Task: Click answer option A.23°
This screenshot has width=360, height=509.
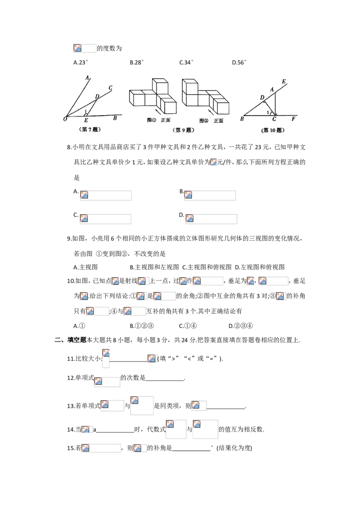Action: (81, 63)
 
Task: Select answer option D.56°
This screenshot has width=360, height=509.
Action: (239, 63)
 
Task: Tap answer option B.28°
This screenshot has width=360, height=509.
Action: (136, 63)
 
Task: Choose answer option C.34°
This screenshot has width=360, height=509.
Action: (186, 63)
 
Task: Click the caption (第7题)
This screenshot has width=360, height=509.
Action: (90, 129)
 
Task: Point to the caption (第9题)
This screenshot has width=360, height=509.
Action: (184, 130)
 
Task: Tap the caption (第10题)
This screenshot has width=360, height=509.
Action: (273, 130)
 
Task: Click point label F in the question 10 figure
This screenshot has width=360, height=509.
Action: (293, 119)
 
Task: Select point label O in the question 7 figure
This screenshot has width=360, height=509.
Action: (65, 119)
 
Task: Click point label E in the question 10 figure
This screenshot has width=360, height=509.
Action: (283, 81)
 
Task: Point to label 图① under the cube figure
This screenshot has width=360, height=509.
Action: (151, 120)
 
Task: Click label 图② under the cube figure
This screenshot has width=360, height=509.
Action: (204, 121)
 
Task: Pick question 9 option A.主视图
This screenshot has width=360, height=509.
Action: (85, 267)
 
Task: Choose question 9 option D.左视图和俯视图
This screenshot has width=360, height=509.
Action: (260, 267)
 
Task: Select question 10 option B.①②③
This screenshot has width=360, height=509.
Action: (142, 326)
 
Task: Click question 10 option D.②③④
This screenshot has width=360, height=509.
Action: (240, 326)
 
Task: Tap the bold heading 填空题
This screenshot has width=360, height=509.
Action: (76, 340)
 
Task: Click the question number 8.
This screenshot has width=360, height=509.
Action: (69, 147)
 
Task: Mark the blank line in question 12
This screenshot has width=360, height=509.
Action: (165, 380)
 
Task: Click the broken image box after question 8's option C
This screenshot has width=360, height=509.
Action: (106, 219)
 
